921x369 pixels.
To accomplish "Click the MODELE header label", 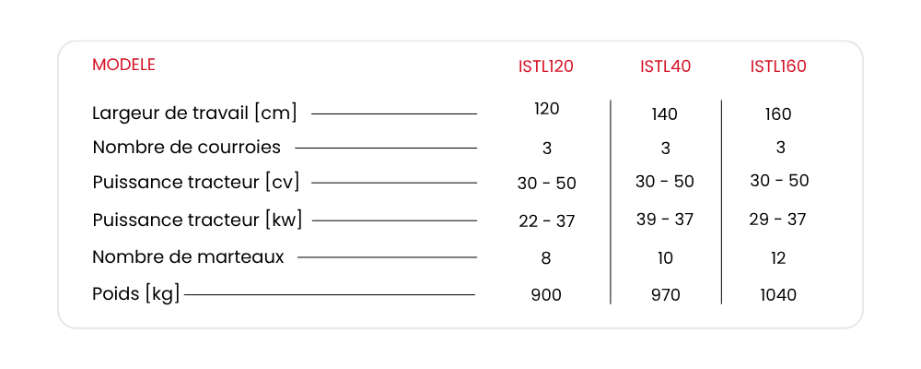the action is tap(123, 65).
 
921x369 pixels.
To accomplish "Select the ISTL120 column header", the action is tap(545, 66).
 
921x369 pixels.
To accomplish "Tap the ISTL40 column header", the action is tap(666, 66).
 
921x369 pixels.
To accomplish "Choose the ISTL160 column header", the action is tap(778, 66).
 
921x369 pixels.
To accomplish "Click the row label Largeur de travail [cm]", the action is tap(194, 113).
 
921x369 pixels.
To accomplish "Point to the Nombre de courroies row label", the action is tap(187, 147).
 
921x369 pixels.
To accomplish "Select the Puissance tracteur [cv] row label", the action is tap(195, 183).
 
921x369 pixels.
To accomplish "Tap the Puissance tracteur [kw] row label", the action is tap(197, 220).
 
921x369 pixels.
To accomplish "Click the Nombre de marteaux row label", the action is tap(189, 257).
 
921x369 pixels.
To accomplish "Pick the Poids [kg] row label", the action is tap(135, 294).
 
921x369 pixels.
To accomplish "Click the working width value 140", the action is tap(664, 114).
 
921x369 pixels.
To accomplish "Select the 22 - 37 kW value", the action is tap(547, 221).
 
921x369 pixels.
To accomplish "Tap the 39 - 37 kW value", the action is tap(665, 219).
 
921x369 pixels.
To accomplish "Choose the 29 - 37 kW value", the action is tap(777, 219).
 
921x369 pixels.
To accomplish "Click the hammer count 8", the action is tap(545, 258).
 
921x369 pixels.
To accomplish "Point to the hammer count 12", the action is tap(778, 257).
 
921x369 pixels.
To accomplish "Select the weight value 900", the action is tap(546, 295).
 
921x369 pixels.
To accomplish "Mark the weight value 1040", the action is tap(778, 295).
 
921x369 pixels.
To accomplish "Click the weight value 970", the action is tap(665, 295).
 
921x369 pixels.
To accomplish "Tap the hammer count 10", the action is tap(665, 258).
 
